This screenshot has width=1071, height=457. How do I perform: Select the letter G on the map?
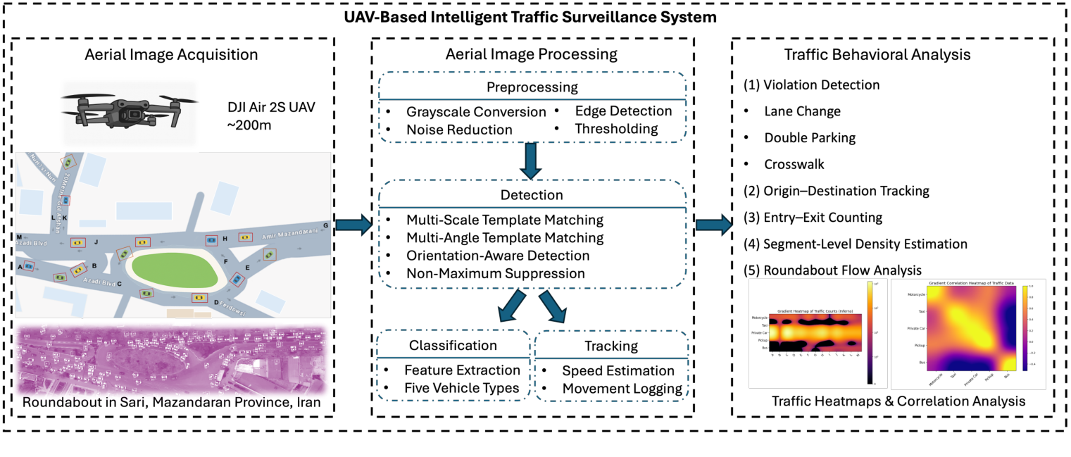point(325,226)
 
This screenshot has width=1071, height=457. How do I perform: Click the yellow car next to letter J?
point(78,242)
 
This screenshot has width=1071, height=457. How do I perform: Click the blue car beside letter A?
point(29,266)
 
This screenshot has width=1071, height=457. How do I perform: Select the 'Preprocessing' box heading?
point(533,87)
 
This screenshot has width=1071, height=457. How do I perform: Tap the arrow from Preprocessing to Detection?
point(533,163)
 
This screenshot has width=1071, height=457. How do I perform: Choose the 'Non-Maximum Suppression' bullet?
point(495,273)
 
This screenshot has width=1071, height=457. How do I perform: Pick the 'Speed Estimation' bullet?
point(618,371)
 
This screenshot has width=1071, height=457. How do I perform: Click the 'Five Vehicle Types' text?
point(461,388)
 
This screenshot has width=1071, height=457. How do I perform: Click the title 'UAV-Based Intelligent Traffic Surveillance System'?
point(535,17)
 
